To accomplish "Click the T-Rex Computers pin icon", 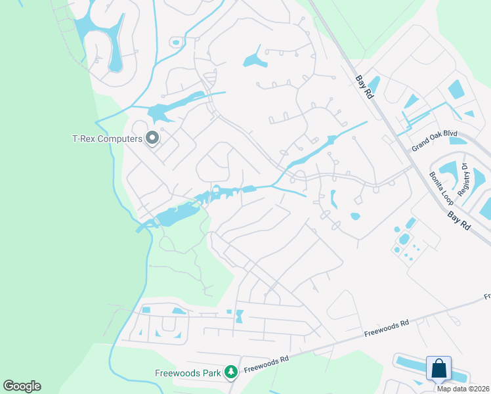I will pos(153,139).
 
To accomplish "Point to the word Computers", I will pos(121,139).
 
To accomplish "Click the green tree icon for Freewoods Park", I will pos(230,373).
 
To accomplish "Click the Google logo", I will pos(22,386).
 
